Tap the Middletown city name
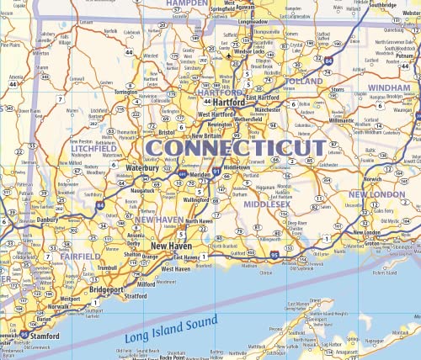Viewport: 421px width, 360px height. pyautogui.click(x=237, y=167)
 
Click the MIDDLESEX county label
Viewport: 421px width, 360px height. pyautogui.click(x=268, y=204)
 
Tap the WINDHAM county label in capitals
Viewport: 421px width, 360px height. pyautogui.click(x=388, y=87)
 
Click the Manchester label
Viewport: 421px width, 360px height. pyautogui.click(x=267, y=109)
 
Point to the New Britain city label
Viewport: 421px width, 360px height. pyautogui.click(x=207, y=135)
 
